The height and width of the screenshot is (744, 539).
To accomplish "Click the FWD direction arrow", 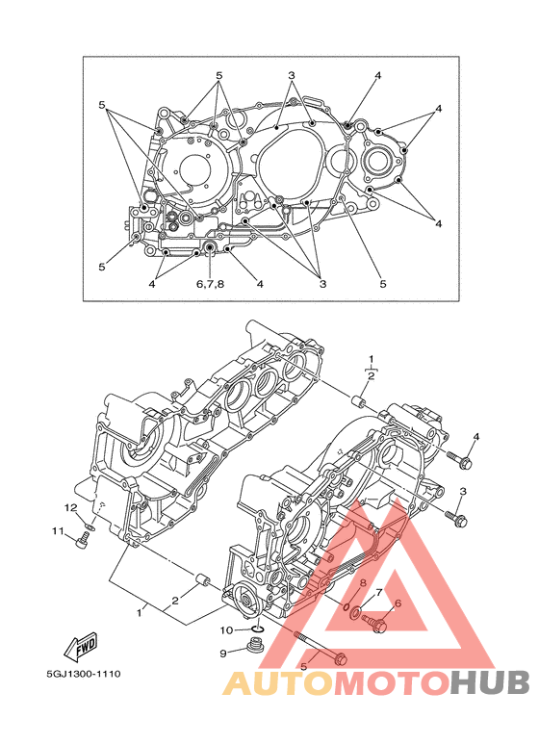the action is tap(81, 647).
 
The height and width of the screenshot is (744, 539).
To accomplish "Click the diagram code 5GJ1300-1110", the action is tap(84, 674).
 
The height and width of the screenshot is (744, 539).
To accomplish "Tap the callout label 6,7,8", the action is tap(210, 284).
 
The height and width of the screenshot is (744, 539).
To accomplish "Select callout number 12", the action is tap(70, 508).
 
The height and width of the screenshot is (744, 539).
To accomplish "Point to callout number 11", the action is tap(58, 531).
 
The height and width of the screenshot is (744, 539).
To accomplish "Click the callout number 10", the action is tap(227, 630).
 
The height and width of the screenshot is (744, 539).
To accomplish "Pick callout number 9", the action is tap(223, 654).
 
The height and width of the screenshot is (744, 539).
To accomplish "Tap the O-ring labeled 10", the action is tap(257, 629).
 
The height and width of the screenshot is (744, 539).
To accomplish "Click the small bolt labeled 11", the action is tap(83, 540).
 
